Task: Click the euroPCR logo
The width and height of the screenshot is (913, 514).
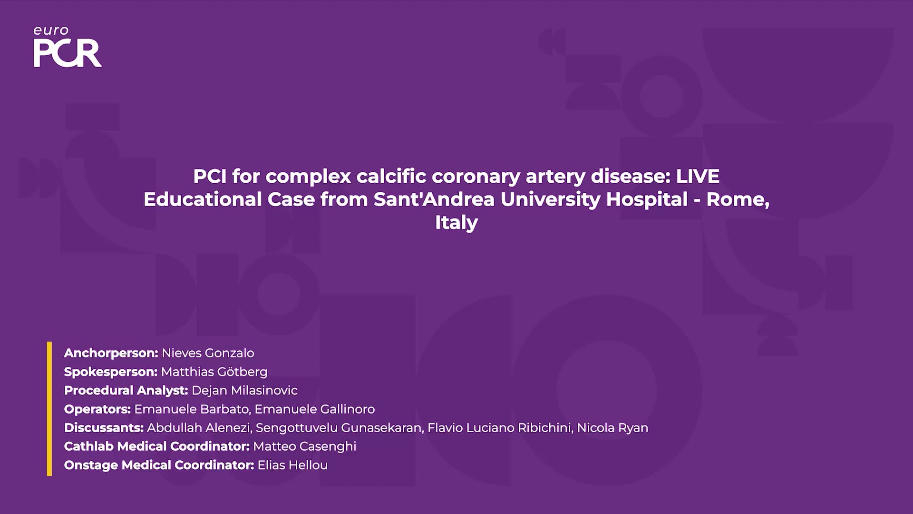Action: [68, 46]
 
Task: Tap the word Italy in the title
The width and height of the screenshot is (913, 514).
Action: [456, 222]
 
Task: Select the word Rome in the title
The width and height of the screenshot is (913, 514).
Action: [736, 199]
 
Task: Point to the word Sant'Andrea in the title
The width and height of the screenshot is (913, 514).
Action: [434, 199]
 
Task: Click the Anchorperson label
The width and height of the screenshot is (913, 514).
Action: [111, 353]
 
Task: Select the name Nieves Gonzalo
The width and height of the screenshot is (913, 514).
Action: [208, 353]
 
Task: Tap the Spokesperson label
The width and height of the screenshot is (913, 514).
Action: [110, 372]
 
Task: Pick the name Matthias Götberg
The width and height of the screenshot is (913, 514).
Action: [214, 372]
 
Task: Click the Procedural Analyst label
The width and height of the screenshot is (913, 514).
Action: [126, 390]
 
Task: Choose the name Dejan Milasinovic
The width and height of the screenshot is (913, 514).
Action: [244, 390]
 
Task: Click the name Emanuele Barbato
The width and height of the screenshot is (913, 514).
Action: [192, 409]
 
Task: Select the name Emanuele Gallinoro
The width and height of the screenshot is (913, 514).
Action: [315, 409]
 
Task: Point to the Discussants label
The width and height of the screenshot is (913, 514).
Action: [104, 427]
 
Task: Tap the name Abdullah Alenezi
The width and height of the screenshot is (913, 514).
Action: [198, 427]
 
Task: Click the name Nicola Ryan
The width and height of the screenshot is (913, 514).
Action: [612, 427]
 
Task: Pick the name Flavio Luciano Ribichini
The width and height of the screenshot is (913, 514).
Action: [499, 427]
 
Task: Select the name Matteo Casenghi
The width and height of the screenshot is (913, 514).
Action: [305, 446]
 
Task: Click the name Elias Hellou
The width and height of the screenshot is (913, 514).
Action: [292, 465]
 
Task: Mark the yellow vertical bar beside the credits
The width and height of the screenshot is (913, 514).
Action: [49, 409]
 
